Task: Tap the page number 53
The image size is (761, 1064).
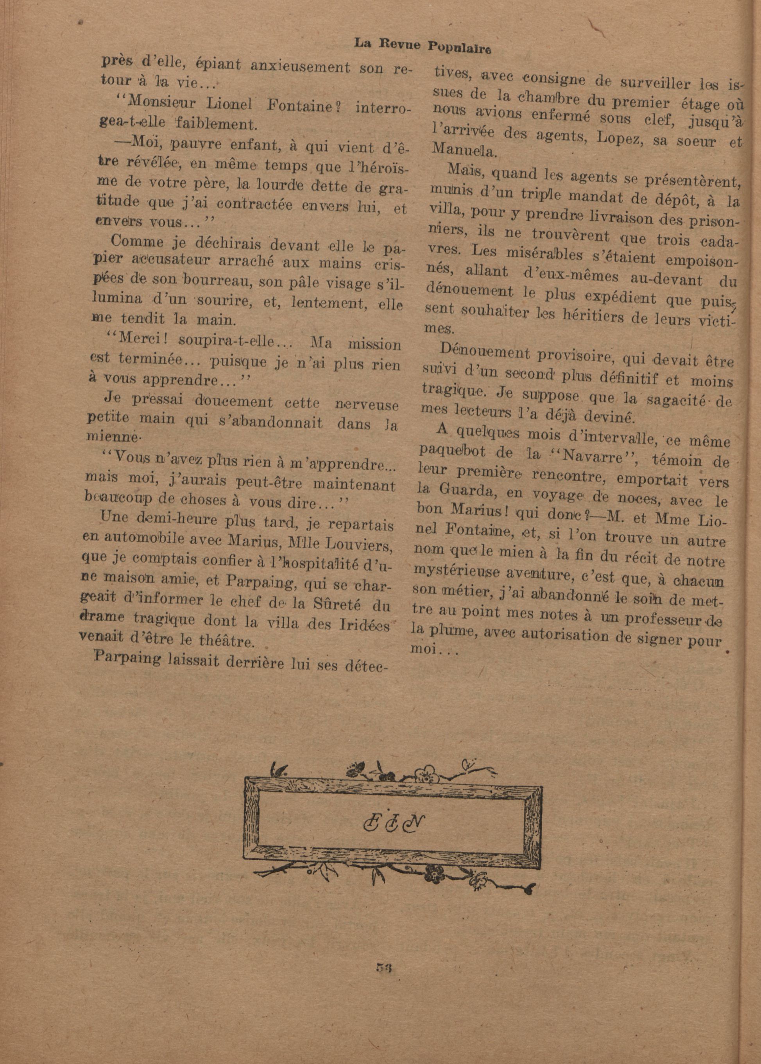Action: (382, 966)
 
